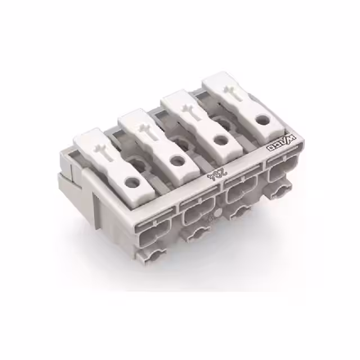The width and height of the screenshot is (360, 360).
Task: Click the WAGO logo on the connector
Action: (281, 143)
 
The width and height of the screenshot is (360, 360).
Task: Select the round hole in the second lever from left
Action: (178, 161)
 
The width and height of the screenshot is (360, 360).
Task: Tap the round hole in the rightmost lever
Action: (262, 119)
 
